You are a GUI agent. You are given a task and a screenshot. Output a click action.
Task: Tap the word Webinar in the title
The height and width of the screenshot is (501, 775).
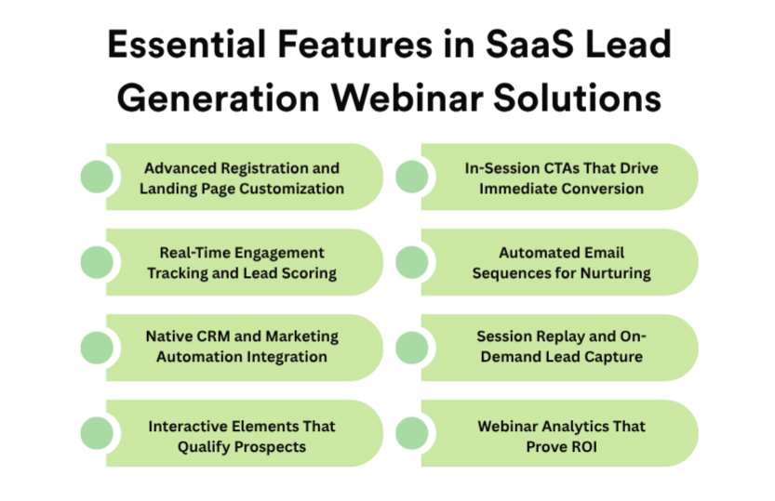point(407,98)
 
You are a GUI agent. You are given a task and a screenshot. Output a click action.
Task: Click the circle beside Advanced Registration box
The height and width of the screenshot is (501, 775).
point(97,177)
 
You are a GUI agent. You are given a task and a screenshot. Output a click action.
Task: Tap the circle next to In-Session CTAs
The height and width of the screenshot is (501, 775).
point(412,177)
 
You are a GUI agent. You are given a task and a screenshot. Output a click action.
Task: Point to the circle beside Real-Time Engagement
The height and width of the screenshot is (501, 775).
point(97,262)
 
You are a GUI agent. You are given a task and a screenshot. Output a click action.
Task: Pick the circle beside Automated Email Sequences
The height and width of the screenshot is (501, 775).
point(412,262)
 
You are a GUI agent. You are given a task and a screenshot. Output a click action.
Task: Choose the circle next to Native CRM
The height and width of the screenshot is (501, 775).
point(97,348)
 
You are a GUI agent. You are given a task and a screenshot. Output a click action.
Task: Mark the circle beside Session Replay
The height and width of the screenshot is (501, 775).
point(412,348)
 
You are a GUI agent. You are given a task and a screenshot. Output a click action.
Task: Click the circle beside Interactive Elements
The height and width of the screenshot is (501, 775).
point(97,433)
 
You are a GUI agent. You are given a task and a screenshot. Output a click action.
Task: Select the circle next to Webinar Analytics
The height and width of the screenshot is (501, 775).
point(412,433)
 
